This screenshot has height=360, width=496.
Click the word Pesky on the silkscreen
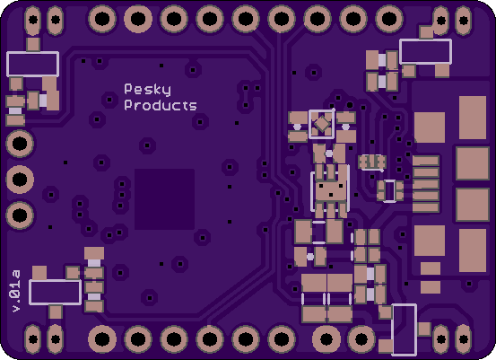[147, 90]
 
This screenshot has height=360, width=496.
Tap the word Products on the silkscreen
[161, 105]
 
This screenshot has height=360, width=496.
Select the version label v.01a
[16, 291]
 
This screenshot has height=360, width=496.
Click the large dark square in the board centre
[164, 199]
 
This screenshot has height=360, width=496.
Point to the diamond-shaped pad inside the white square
[322, 124]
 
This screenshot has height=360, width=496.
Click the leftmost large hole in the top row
[102, 19]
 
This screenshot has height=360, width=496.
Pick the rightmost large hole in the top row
[389, 19]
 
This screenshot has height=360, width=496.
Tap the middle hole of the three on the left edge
[20, 180]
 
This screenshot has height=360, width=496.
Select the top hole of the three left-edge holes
[20, 144]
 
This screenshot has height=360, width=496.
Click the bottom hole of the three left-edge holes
[20, 215]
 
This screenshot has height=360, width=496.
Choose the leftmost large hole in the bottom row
[102, 339]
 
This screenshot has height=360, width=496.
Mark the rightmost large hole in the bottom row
[361, 339]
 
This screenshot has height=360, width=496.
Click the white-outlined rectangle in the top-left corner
[33, 64]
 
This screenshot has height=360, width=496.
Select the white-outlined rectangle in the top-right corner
[425, 51]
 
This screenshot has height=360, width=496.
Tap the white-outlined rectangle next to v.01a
[56, 293]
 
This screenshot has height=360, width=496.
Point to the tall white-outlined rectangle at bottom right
[404, 329]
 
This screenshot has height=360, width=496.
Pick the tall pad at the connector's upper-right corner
[473, 118]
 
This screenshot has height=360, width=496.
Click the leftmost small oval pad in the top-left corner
[33, 21]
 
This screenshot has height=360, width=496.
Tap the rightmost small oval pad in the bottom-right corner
[464, 339]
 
